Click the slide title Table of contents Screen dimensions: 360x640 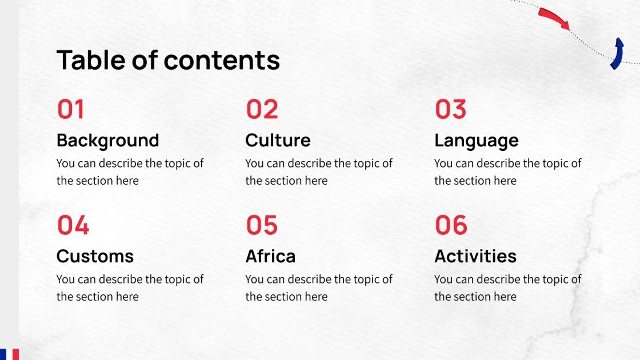point(168,60)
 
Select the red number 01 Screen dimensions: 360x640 point(71,109)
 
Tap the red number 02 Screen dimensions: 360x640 point(262,109)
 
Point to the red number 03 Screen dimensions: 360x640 point(450,109)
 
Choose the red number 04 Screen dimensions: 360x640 point(73,225)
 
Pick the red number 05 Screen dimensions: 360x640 point(262,225)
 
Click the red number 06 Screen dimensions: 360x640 point(451,225)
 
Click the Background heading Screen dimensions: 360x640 point(107,140)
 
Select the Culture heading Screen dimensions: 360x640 point(278,140)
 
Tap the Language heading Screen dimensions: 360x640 point(476,140)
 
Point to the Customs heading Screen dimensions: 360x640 point(95,256)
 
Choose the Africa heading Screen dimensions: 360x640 point(270,256)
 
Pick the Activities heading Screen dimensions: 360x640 point(475,256)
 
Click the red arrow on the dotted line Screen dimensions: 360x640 point(554,18)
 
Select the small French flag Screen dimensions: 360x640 point(9,354)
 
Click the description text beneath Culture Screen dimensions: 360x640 point(319,172)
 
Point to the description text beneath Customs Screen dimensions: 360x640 point(130,288)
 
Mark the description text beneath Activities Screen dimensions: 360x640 point(507,288)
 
